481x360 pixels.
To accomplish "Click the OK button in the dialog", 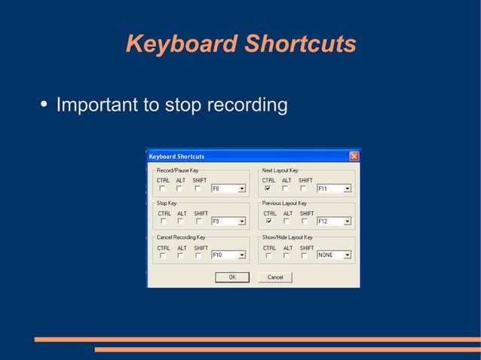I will pos(232,277).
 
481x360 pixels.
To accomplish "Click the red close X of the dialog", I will pos(354,156).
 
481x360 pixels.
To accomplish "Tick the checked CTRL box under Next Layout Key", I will pos(268,188).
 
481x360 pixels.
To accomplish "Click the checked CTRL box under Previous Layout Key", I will pos(268,221).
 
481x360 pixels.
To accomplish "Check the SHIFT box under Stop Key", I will pos(199,221).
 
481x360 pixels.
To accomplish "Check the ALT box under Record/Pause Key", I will pos(180,188).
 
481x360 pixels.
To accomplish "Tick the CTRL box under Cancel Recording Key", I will pos(162,255).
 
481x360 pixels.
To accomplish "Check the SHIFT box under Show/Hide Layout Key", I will pos(304,255).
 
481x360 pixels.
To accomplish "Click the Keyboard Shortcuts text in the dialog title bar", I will pos(176,157).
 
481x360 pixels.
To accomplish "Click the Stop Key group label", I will pos(166,203).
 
